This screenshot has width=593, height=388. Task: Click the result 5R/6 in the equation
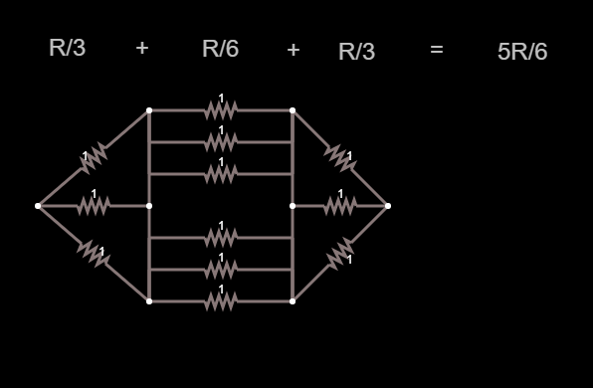[522, 52]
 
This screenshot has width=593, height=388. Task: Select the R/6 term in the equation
[221, 49]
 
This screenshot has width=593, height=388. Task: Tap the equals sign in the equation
[437, 49]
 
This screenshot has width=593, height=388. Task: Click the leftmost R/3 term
[68, 48]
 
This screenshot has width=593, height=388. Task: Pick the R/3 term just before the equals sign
[356, 52]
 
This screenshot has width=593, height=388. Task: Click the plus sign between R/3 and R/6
[142, 48]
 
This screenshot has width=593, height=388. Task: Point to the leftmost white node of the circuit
[38, 206]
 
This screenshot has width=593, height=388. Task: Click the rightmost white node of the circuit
[388, 206]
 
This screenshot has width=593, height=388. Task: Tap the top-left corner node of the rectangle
[149, 110]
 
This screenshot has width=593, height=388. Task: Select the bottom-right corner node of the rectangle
[293, 301]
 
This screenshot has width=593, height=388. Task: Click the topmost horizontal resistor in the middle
[221, 110]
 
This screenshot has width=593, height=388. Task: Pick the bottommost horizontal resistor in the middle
[221, 301]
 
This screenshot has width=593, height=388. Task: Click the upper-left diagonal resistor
[94, 158]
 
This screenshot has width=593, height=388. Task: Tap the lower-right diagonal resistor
[340, 254]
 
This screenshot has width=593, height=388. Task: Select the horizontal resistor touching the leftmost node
[94, 206]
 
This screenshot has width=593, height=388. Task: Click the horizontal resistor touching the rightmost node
[340, 206]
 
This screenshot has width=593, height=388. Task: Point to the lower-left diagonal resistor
[94, 254]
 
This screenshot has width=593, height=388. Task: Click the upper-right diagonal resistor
[340, 158]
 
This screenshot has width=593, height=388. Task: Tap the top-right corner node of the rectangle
[293, 110]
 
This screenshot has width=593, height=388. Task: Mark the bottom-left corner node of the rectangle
[149, 301]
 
